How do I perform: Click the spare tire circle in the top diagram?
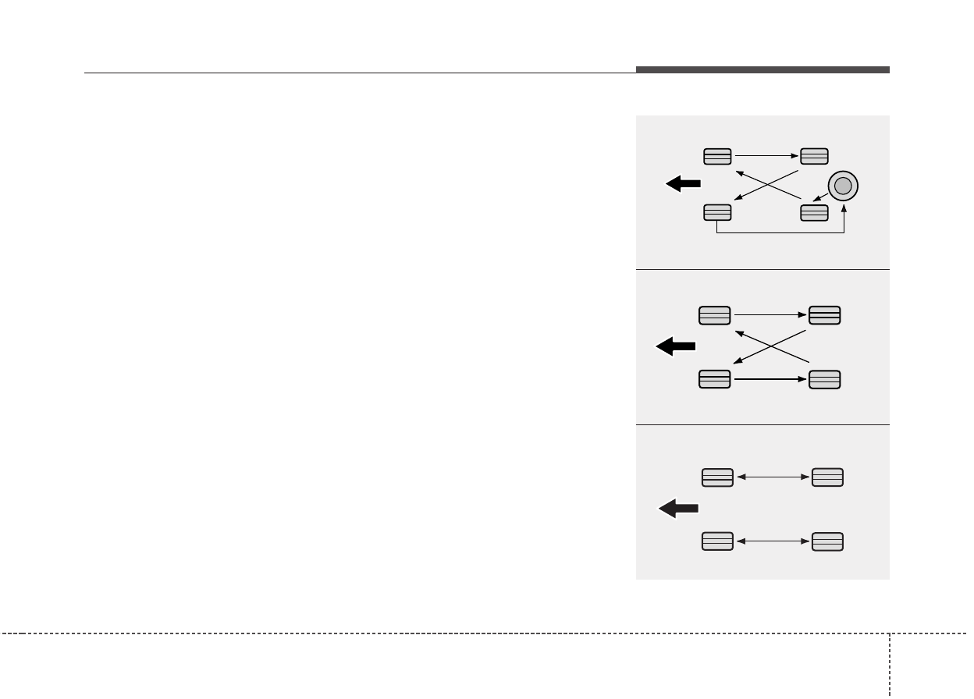[842, 186]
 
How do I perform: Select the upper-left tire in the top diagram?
[717, 156]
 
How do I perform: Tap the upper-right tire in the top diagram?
[814, 156]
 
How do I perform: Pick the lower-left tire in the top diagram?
[717, 212]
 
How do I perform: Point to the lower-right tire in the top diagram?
[814, 212]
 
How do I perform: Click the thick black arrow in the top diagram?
[683, 184]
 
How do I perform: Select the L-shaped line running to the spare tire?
[780, 233]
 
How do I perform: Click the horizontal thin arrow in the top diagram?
[766, 156]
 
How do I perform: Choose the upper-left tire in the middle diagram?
[715, 315]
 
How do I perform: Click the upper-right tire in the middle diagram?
[825, 315]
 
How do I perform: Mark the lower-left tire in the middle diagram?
[715, 380]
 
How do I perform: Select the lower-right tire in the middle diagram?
[825, 380]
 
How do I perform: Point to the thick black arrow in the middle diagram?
[676, 347]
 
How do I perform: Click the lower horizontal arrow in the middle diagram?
[770, 380]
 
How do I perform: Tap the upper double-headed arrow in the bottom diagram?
[772, 477]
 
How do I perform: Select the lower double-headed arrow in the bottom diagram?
[772, 541]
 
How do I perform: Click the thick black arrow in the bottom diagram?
[678, 509]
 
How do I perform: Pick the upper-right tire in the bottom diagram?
[827, 477]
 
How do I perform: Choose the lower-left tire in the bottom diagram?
[717, 541]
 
